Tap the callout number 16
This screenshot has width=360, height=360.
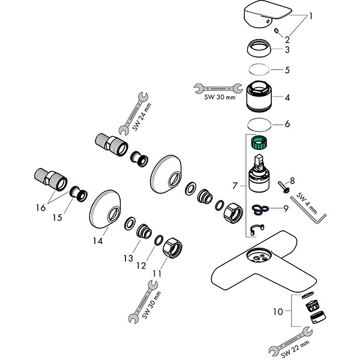pos(41,208)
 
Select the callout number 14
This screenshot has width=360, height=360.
pos(98,241)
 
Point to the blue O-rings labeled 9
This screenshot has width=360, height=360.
pos(260,209)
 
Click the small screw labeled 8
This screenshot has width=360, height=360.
pos(283,187)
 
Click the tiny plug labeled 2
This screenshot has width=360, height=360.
pos(277,31)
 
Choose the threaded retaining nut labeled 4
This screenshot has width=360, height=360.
pos(259,97)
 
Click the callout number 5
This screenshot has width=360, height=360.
pos(287,70)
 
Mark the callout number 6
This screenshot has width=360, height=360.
pos(287,124)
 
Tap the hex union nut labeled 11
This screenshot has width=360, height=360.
pos(172,248)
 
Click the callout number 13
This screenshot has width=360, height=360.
pos(128,258)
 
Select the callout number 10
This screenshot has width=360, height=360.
pos(278,312)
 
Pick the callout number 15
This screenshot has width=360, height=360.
pos(57,218)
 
